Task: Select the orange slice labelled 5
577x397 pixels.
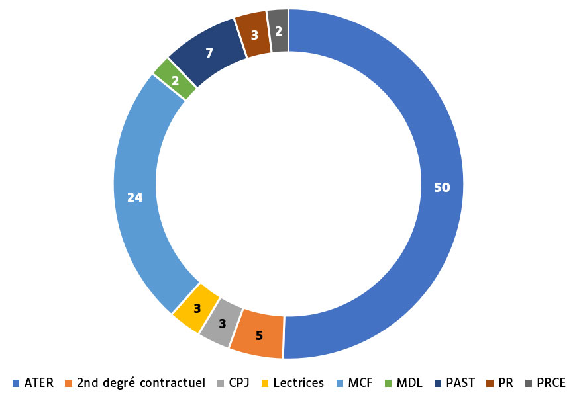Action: pos(258,334)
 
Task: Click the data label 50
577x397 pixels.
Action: pos(442,187)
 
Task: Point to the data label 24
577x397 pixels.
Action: pos(135,197)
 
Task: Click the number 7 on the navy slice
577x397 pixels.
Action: pos(209,53)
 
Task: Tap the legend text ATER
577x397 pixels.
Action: pos(40,382)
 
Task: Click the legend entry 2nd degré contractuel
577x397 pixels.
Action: pos(140,382)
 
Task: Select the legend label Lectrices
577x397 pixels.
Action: pos(298,382)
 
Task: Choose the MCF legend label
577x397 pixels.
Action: pos(360,382)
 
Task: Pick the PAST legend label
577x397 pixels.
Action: pos(460,382)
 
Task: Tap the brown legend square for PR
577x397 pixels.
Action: pos(490,383)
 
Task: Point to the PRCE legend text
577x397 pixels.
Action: pos(551,382)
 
